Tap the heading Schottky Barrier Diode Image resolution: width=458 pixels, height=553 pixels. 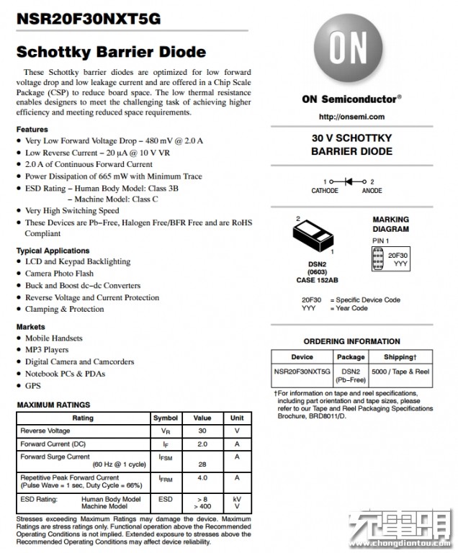pos(111,52)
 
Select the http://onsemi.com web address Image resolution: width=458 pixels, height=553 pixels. pos(351,117)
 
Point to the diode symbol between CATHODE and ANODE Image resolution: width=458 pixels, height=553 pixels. pos(352,181)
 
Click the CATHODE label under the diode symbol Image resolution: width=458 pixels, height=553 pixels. pos(325,191)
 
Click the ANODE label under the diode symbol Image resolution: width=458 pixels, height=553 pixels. pos(372,191)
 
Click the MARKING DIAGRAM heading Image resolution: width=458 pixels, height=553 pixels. pos(390,225)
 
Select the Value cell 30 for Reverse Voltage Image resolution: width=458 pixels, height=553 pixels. pos(202,431)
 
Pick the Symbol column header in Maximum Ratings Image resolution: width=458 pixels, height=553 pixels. pos(165,418)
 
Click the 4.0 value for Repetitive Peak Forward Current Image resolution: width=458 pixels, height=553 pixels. pos(202,477)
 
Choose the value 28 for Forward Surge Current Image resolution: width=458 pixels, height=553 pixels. pos(202,464)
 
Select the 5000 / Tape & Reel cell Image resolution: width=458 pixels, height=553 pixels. pos(400,371)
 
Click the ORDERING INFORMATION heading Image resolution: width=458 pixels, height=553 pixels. pos(351,341)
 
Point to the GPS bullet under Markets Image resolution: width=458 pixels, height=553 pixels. pos(33,386)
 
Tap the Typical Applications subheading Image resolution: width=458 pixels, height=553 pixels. pos(53,251)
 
